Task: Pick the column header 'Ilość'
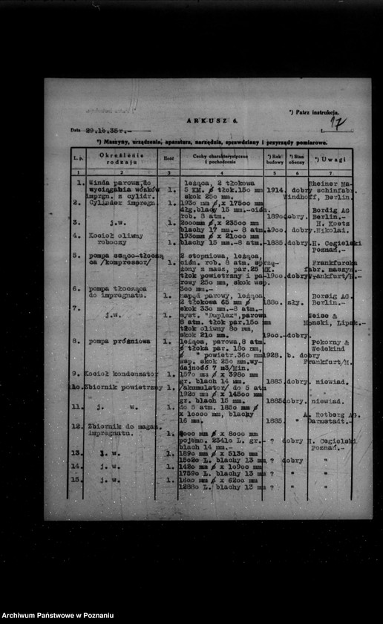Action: coord(168,158)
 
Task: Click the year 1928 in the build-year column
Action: coord(274,355)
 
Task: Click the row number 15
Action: coord(76,479)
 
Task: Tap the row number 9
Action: coord(76,374)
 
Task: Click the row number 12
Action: coord(76,426)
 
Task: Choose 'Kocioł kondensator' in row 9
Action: coord(120,374)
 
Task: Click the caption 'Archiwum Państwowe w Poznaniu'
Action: coord(58,615)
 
